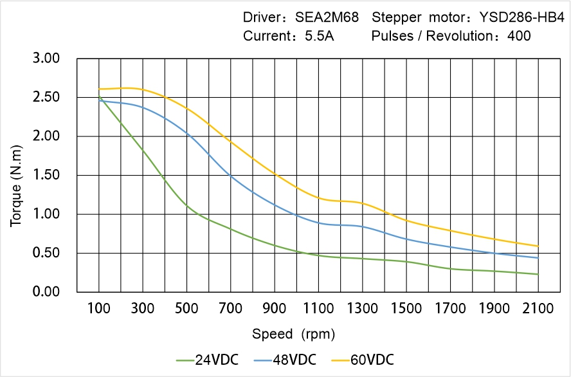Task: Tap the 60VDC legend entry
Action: [x=372, y=359]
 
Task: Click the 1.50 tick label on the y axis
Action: [x=46, y=175]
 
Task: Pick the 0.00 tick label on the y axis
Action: [x=46, y=292]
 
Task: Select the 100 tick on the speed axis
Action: [x=98, y=309]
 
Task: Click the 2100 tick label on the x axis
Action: [x=538, y=309]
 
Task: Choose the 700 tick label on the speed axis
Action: [x=230, y=309]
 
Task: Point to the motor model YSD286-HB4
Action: [x=525, y=17]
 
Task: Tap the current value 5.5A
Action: [x=318, y=36]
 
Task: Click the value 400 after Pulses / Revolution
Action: [x=519, y=36]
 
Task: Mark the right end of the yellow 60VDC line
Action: [x=538, y=246]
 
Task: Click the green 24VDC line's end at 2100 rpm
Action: [x=538, y=274]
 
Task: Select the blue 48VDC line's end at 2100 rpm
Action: [x=538, y=258]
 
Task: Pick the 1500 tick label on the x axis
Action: [x=406, y=309]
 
